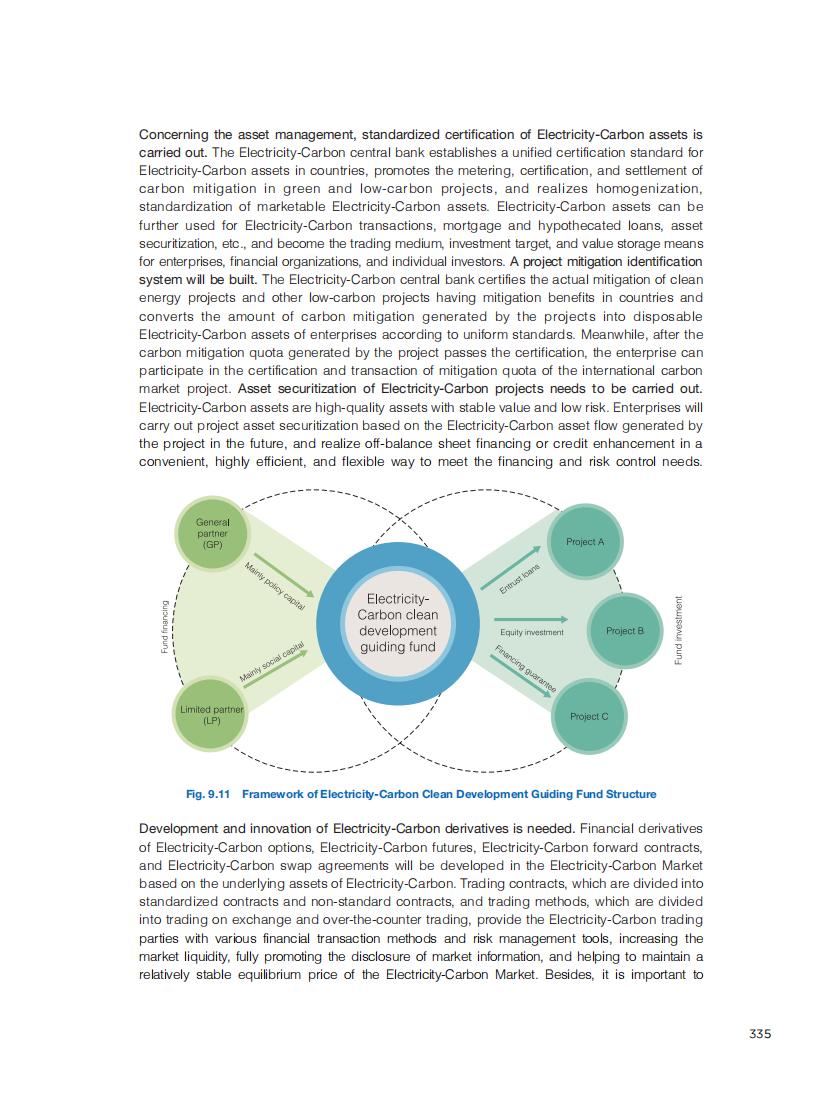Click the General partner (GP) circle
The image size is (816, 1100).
coord(213,534)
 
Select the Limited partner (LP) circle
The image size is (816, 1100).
coord(212,714)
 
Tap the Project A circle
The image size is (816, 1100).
coord(585,542)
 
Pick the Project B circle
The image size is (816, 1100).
coord(625,631)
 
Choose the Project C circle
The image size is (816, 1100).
coord(588,716)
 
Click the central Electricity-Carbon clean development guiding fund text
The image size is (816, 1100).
coord(397,623)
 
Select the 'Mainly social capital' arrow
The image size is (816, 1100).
coord(279,664)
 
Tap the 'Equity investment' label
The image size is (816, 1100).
coord(531,632)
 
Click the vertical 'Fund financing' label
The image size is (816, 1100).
coord(165,627)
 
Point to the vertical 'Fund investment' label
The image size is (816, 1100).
coord(678,630)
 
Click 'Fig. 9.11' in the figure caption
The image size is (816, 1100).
coord(208,794)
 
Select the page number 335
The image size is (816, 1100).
coord(760,1034)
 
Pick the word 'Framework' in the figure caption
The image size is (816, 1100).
coord(275,794)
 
